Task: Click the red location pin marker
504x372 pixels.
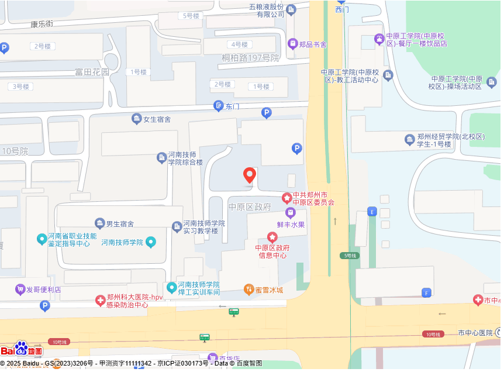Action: coord(250,175)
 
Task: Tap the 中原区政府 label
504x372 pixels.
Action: coord(250,207)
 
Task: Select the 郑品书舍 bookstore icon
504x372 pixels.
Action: coord(292,43)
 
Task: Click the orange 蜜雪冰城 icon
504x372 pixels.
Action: coord(248,290)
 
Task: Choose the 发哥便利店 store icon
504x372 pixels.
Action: coord(20,289)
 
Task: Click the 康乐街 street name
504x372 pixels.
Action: coord(42,25)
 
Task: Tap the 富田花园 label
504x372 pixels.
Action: coord(92,72)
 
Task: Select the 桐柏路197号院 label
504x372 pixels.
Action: coord(250,58)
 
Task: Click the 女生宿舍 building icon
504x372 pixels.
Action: coord(137,119)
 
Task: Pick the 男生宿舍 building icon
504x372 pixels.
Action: coord(99,223)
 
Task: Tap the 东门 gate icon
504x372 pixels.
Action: coord(218,106)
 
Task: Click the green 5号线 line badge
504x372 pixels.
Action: coord(349,256)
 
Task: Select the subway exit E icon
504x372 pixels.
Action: coord(371,211)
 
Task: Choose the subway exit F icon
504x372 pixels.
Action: coord(426,292)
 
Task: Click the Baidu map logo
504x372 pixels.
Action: coord(22,350)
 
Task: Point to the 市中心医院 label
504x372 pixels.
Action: coord(475,333)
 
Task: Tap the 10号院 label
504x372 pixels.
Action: coord(15,151)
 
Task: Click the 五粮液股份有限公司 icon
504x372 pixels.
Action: coord(291,9)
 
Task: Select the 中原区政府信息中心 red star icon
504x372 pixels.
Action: coord(272,237)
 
